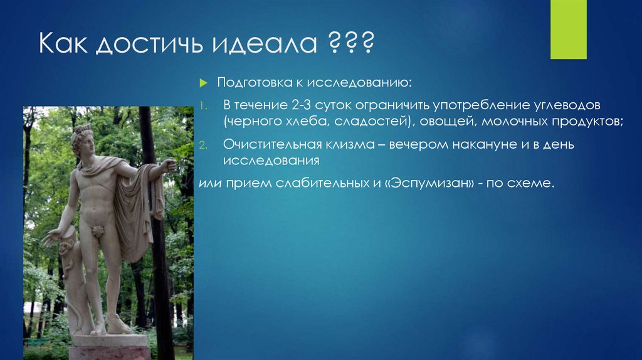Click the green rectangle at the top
[568, 29]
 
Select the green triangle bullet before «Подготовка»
[203, 83]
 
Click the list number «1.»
[203, 105]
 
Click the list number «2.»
[203, 145]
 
